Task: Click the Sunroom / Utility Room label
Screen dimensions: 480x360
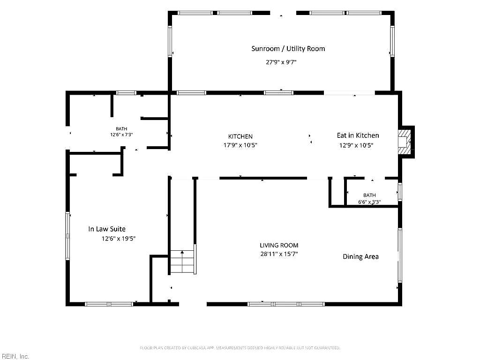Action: tap(288, 49)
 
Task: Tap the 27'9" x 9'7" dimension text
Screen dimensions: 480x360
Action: tap(281, 62)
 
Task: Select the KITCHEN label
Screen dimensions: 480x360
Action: tap(240, 136)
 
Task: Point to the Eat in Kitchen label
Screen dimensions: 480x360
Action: tap(358, 135)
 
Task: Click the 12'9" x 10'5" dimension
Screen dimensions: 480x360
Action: tap(356, 145)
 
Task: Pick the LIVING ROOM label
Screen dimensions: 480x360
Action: tap(279, 245)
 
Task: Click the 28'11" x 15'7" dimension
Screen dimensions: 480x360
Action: tap(279, 254)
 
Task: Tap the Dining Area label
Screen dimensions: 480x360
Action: tap(360, 256)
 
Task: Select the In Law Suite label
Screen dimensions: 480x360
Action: tap(107, 229)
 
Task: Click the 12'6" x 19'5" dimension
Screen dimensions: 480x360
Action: tap(119, 239)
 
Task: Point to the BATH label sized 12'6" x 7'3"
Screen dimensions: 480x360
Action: tap(121, 129)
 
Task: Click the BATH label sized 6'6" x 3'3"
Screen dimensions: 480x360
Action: tap(369, 195)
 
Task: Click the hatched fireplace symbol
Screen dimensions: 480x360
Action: tap(405, 142)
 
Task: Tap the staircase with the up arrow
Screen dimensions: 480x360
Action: tap(182, 262)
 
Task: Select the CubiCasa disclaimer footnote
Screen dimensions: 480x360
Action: tap(240, 348)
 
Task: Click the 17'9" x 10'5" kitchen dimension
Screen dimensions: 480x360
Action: tap(240, 145)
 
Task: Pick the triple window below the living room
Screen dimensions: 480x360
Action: tap(286, 304)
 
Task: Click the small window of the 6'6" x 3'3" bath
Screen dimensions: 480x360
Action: tap(400, 192)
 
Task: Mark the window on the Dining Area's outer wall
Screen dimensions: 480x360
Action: tap(400, 255)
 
